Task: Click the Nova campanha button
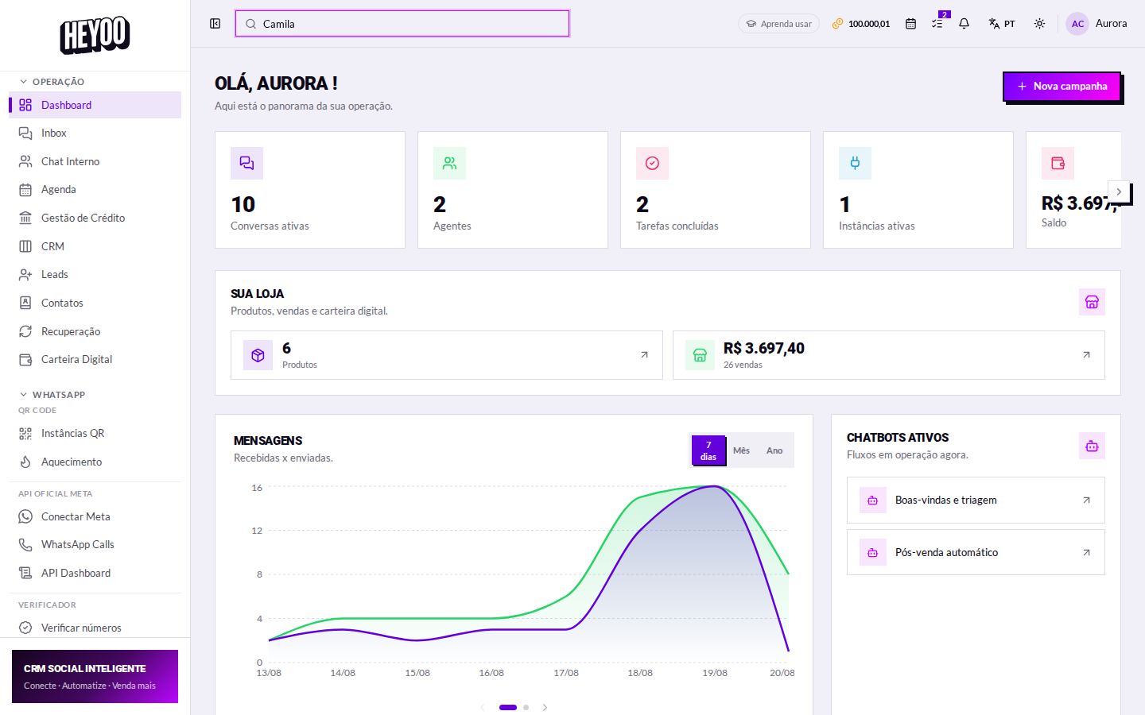[1062, 87]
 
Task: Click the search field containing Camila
[402, 24]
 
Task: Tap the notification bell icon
[964, 24]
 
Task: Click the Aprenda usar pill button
[778, 24]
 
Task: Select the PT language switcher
[1002, 24]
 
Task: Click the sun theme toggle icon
[1040, 24]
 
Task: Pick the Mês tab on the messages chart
[741, 450]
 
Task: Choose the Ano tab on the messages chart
[774, 450]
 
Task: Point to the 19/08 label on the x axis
[715, 673]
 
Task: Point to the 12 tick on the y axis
[257, 531]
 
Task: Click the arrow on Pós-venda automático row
[1087, 553]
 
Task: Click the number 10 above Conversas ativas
[243, 205]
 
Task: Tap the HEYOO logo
[95, 35]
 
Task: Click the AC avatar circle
[1077, 24]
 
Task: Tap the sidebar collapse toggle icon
[215, 24]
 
